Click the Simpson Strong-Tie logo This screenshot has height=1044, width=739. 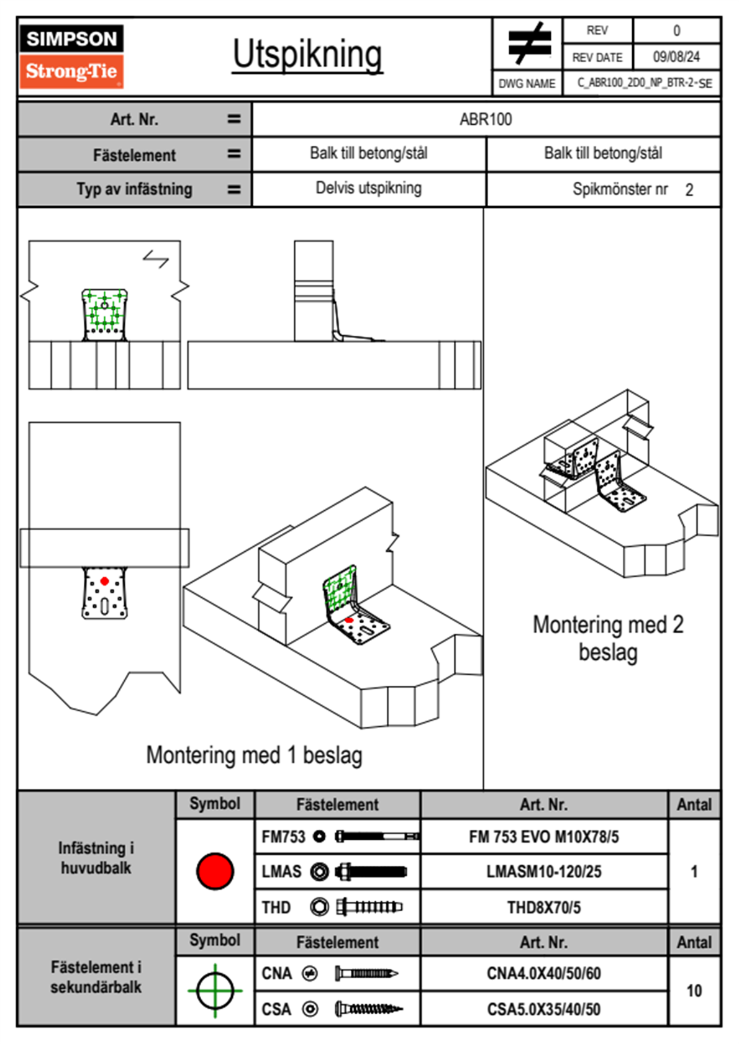(x=71, y=56)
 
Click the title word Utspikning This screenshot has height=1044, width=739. (x=307, y=55)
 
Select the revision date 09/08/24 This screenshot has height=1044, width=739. (x=676, y=57)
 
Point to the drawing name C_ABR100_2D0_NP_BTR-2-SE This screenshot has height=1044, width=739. (x=644, y=83)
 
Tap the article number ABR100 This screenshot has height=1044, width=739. (x=486, y=120)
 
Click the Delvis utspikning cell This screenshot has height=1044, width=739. (x=368, y=188)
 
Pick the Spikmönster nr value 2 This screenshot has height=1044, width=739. (x=689, y=190)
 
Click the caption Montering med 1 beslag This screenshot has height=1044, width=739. (x=254, y=755)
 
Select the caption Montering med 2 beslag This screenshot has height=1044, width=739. (x=608, y=638)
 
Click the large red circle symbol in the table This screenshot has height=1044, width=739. (x=215, y=871)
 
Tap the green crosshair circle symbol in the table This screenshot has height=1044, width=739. (x=215, y=991)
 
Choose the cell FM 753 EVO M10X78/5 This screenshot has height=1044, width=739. (x=543, y=837)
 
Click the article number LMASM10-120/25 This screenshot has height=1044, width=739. (x=543, y=872)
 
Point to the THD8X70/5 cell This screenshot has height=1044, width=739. (x=543, y=907)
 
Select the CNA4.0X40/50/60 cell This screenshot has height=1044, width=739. (x=543, y=973)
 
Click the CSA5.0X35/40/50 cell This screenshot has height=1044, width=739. (x=543, y=1009)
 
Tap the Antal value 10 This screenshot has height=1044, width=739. (x=694, y=991)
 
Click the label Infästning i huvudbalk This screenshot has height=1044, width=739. (x=96, y=858)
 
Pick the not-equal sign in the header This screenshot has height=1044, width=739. (x=528, y=43)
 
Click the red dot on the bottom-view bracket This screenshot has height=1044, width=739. (x=104, y=581)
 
